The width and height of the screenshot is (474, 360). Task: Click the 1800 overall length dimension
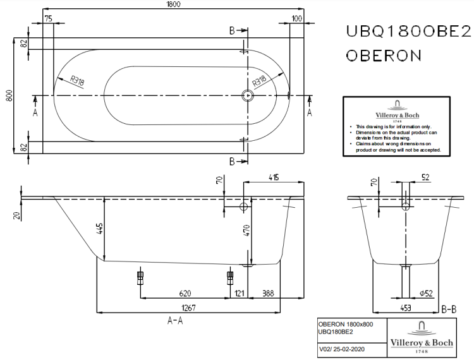click(x=174, y=5)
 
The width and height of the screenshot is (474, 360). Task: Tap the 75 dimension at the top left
click(x=48, y=18)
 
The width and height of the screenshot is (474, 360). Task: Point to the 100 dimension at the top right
click(x=297, y=18)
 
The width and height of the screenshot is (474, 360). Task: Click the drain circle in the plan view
click(x=247, y=95)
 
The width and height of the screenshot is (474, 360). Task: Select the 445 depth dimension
click(x=99, y=229)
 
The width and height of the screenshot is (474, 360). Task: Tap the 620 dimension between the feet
click(x=185, y=294)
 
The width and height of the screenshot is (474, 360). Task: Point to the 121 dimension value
click(x=240, y=294)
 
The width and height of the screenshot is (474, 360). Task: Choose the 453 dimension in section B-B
click(x=405, y=308)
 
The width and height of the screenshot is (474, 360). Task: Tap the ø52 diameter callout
click(x=425, y=294)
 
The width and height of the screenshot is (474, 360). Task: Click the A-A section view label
click(x=175, y=321)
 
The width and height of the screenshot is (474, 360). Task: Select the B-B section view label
click(x=449, y=309)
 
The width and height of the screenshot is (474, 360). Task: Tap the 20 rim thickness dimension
click(x=16, y=215)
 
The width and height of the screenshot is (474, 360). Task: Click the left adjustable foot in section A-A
click(x=140, y=277)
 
